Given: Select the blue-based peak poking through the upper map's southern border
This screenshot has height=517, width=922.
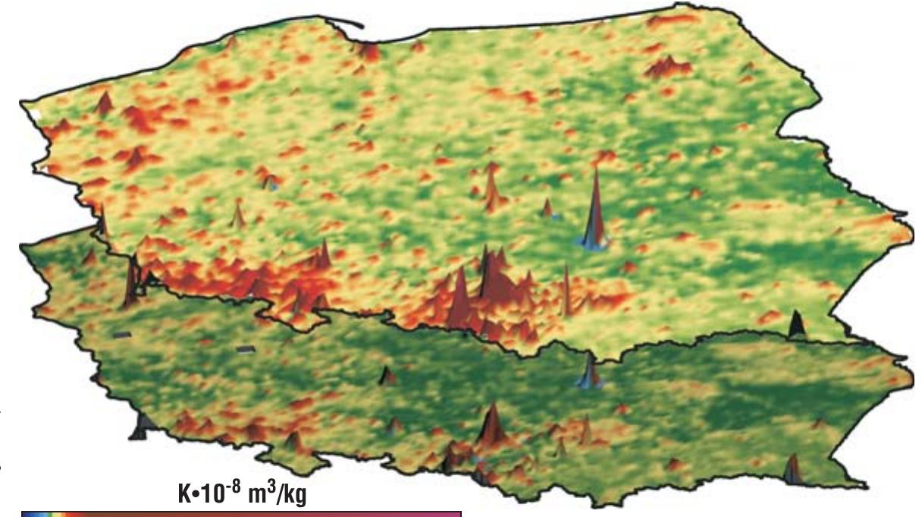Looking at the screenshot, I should (x=588, y=371).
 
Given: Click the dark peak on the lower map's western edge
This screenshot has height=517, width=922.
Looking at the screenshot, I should (x=140, y=426).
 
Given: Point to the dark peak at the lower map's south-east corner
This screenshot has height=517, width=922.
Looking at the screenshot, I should (x=792, y=468).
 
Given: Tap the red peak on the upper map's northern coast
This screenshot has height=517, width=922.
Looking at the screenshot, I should (x=369, y=51).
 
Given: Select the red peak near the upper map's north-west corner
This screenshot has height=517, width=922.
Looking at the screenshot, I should (x=105, y=102).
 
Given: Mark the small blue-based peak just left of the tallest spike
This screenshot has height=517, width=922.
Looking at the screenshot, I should (x=547, y=207).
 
